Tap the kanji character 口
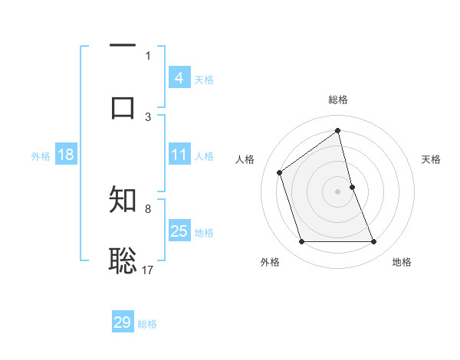(123, 106)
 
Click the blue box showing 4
(179, 78)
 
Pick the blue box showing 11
(179, 155)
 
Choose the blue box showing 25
(179, 231)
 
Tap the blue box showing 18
(66, 155)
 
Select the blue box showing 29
(123, 322)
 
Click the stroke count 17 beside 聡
(148, 270)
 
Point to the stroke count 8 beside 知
(148, 208)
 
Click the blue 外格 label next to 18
(41, 156)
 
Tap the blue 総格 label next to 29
(147, 324)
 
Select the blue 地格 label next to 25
(204, 233)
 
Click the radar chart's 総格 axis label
(338, 100)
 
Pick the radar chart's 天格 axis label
(432, 159)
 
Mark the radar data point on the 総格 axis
(338, 131)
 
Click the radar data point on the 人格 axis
(280, 172)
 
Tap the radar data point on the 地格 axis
(374, 242)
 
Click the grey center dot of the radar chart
(338, 191)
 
